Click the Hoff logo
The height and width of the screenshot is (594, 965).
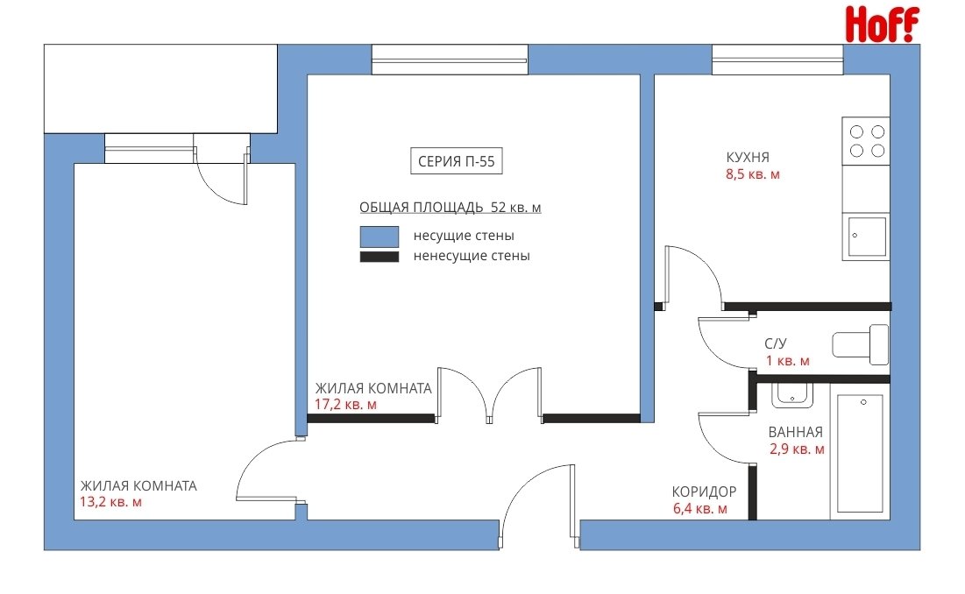pos(882,24)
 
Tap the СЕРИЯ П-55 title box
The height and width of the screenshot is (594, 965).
pos(457,161)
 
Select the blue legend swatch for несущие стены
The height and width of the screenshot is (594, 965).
pos(380,237)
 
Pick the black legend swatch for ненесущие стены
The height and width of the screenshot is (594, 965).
pos(380,257)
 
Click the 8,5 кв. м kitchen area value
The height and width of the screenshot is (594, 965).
pos(753,174)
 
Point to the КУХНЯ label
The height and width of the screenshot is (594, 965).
pos(748,158)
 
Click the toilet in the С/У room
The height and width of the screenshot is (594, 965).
pos(861,344)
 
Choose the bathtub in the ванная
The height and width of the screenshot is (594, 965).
pos(860,453)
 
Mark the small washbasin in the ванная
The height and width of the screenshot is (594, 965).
pos(792,395)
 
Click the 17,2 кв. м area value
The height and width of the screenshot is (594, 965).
pos(345,405)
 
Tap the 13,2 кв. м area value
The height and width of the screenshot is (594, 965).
pos(110,502)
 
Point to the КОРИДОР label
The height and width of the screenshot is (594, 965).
pos(704,491)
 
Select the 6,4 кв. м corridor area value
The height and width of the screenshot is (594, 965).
pos(700,509)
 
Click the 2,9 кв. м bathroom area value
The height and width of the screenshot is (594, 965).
pos(797,449)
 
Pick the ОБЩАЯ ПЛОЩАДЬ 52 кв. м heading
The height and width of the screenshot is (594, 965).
pos(451,208)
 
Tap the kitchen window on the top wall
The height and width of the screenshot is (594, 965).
pos(777,60)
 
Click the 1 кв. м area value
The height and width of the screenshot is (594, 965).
pos(788,361)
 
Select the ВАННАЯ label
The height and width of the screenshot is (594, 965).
pos(796,432)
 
